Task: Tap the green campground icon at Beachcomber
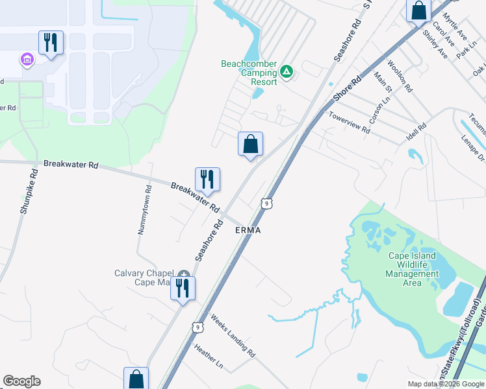[x=287, y=71]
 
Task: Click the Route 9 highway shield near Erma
[x=266, y=204]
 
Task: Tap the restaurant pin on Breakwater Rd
[x=208, y=180]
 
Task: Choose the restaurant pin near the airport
[x=51, y=43]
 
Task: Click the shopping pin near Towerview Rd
[x=250, y=145]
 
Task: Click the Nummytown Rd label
[x=145, y=211]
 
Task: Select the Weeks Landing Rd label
[x=233, y=336]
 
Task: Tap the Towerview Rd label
[x=350, y=123]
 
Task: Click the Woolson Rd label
[x=398, y=77]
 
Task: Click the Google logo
[x=21, y=381]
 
